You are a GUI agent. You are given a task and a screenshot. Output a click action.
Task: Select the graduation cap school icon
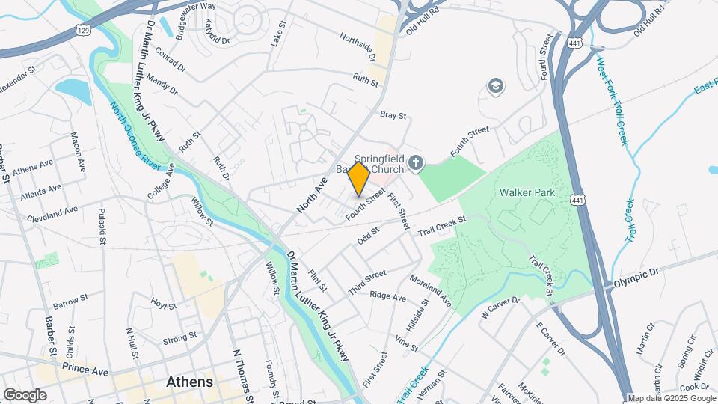(494, 87)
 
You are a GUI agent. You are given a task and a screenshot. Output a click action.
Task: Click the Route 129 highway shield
(83, 29)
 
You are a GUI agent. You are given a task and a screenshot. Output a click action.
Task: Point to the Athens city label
(189, 382)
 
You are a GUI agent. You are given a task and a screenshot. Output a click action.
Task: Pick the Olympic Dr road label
(635, 278)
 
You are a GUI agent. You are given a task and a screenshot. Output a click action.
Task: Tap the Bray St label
(393, 116)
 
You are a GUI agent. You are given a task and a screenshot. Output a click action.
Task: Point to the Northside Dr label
(357, 46)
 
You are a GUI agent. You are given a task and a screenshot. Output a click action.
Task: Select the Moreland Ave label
(430, 290)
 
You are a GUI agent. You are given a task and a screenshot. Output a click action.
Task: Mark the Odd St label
(369, 236)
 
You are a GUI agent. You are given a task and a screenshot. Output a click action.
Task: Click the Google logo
(25, 394)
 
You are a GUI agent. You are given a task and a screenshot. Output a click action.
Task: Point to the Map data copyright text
(671, 398)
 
